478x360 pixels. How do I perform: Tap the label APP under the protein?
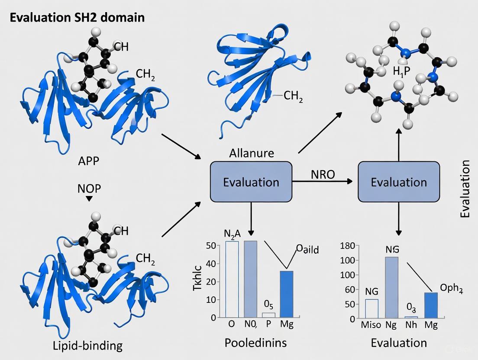coord(88,161)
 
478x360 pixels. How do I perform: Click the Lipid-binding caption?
coord(88,346)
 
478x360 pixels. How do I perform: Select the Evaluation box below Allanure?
coord(251,182)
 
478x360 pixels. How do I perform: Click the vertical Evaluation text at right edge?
coord(465,189)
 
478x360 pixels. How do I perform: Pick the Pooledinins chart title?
coord(255,343)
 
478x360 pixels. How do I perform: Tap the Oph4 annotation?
coord(452,289)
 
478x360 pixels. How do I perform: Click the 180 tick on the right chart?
coord(348,246)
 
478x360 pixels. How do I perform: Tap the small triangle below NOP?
coord(89,199)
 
